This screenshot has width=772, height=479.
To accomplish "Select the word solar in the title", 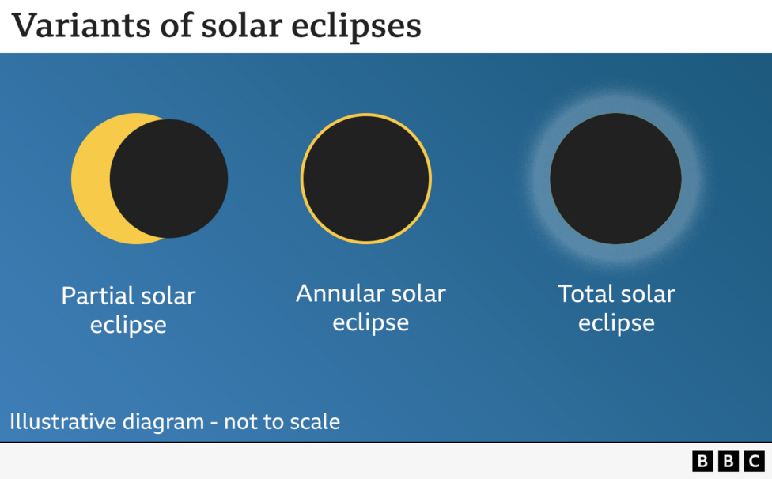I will [242, 25].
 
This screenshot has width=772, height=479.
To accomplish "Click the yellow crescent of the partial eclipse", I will [89, 179].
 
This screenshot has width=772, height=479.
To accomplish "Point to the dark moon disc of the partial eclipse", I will [169, 179].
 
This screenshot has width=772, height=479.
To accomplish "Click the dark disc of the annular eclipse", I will [365, 179].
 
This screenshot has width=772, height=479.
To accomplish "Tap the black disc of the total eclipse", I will [615, 179].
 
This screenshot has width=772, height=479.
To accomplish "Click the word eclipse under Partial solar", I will [128, 325].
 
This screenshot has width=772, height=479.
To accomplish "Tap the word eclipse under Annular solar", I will [370, 322].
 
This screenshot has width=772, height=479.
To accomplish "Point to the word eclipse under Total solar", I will [616, 322].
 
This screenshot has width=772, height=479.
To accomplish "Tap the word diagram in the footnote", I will [163, 422].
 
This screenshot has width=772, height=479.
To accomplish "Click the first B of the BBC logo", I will [702, 461].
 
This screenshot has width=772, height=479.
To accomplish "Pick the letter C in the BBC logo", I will [755, 461].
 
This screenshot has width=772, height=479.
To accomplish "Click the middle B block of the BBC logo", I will [728, 461].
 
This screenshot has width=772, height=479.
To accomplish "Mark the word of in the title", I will [177, 25].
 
